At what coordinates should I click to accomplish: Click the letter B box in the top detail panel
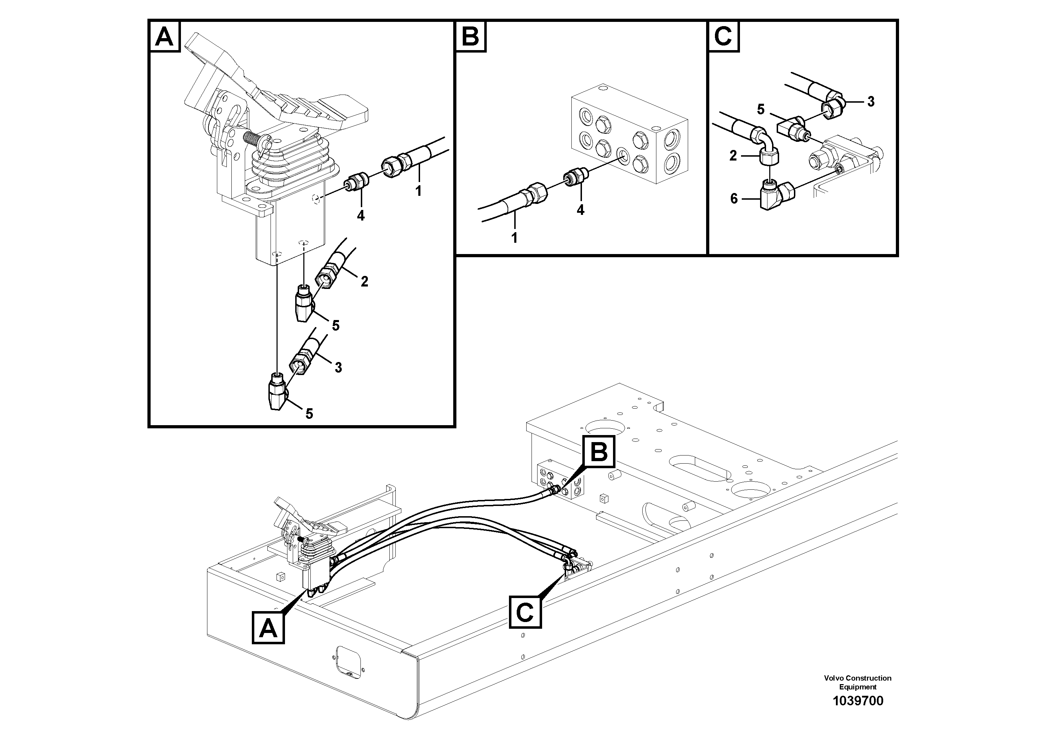click(471, 37)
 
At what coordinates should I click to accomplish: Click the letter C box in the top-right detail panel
click(723, 37)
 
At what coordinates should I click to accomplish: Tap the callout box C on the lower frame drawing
click(525, 611)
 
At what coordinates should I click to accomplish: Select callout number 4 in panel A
click(361, 216)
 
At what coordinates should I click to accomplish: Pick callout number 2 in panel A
click(364, 281)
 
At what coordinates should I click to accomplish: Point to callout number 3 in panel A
click(338, 367)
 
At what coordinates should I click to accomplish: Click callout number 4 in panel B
click(580, 210)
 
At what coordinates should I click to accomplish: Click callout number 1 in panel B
click(515, 238)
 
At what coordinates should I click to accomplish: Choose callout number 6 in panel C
click(734, 199)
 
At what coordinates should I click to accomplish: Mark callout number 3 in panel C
click(871, 102)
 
